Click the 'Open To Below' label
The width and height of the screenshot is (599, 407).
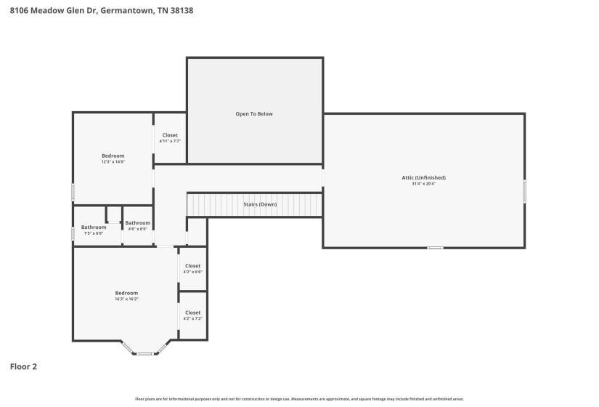(x=254, y=114)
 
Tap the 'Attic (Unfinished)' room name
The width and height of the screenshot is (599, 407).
(x=423, y=177)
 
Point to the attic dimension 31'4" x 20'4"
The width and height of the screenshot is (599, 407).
(x=423, y=184)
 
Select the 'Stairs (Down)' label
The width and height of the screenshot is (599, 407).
(x=260, y=204)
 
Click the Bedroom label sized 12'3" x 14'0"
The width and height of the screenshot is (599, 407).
(x=113, y=156)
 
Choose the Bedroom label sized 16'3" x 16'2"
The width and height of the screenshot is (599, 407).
(x=126, y=293)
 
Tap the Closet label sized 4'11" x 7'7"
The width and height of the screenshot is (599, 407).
(x=170, y=135)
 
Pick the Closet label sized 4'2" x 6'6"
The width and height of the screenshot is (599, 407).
(x=192, y=266)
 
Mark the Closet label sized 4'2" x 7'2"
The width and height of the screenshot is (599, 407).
(x=192, y=313)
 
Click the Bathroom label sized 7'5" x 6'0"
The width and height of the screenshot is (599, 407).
(x=94, y=227)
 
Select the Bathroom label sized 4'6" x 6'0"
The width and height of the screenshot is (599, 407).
(x=137, y=223)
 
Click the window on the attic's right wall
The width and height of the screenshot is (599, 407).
(x=524, y=191)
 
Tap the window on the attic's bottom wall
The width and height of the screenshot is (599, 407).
(x=435, y=248)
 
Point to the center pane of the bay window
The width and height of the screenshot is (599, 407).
(x=145, y=354)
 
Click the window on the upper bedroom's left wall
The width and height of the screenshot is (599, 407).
(x=73, y=192)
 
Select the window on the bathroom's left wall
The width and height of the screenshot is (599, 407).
(x=73, y=233)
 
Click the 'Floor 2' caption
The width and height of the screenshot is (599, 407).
(x=23, y=367)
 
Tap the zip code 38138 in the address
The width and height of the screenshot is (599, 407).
(x=182, y=11)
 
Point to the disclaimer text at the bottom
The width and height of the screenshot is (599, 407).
(x=299, y=399)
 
